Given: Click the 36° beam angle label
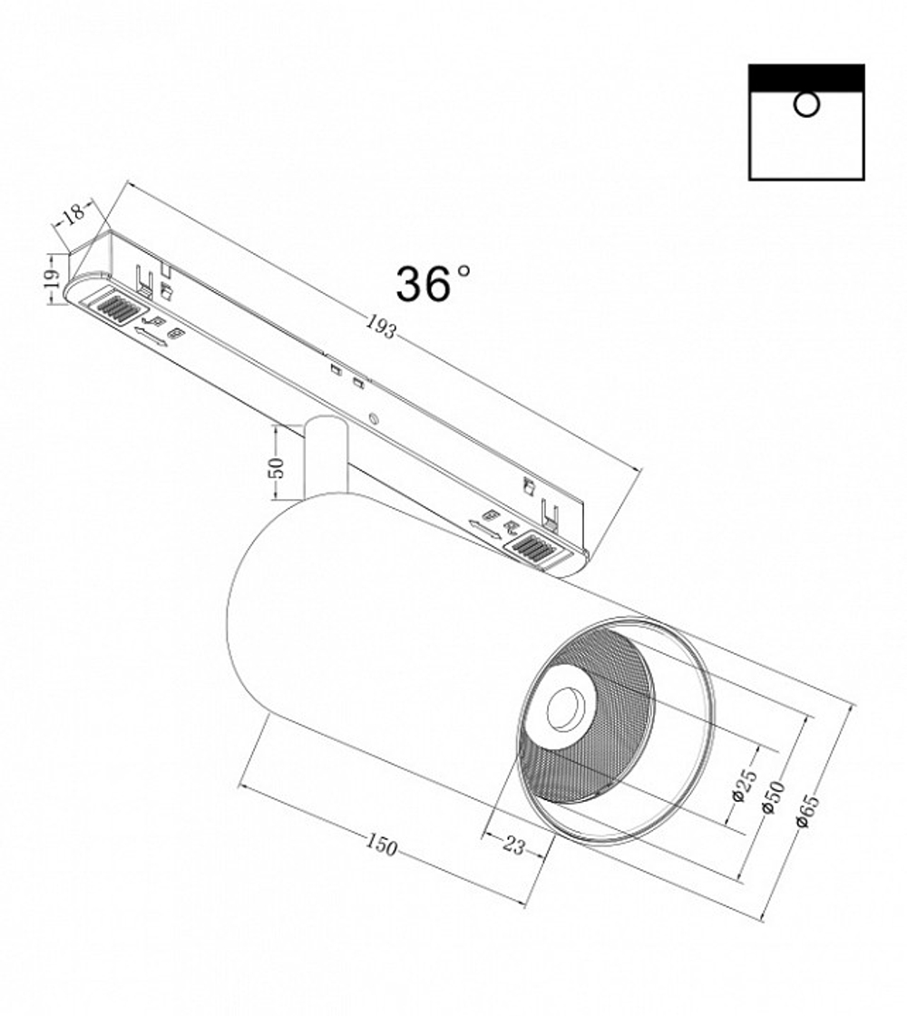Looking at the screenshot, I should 432,284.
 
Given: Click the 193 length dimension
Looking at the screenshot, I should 381,326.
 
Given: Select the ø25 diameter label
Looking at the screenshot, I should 741,785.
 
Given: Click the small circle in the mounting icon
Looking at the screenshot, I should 805,105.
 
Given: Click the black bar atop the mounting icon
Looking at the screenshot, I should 805,77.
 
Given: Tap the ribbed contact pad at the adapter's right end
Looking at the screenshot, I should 531,549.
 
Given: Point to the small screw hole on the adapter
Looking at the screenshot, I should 373,418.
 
